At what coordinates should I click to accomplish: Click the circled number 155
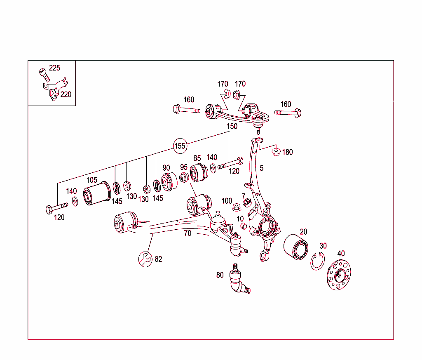[x=180, y=146]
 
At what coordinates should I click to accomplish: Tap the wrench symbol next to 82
[x=145, y=259]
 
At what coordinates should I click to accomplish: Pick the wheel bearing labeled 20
[x=295, y=247]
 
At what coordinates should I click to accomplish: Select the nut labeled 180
[x=276, y=152]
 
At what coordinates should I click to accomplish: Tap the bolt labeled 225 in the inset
[x=43, y=75]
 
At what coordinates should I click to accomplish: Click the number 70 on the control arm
[x=188, y=233]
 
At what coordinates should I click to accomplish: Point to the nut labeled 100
[x=237, y=207]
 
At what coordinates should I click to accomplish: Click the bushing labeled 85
[x=199, y=172]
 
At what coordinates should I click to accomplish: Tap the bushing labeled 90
[x=169, y=181]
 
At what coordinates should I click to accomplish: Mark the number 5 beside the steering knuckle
[x=261, y=168]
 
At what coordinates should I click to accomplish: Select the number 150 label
[x=232, y=127]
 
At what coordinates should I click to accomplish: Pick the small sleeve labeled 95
[x=184, y=177]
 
